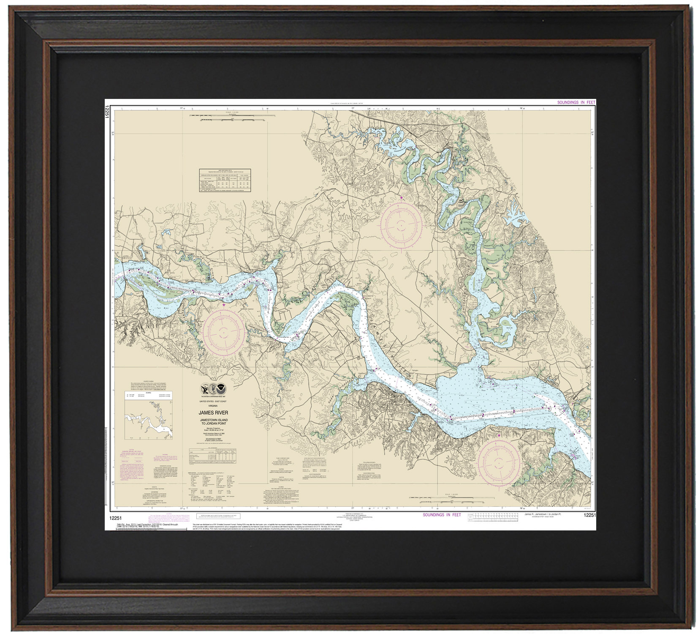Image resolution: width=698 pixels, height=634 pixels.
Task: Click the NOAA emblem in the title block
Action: tap(221, 388)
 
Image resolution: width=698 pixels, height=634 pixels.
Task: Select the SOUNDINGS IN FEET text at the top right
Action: tap(576, 102)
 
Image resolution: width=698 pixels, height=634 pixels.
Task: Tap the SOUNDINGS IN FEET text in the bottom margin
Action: tap(442, 515)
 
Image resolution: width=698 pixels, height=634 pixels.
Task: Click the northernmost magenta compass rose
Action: tap(401, 223)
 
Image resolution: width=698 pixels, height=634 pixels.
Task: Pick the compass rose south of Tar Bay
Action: tap(223, 330)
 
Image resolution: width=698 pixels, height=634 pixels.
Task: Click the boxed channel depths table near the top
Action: tap(225, 180)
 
